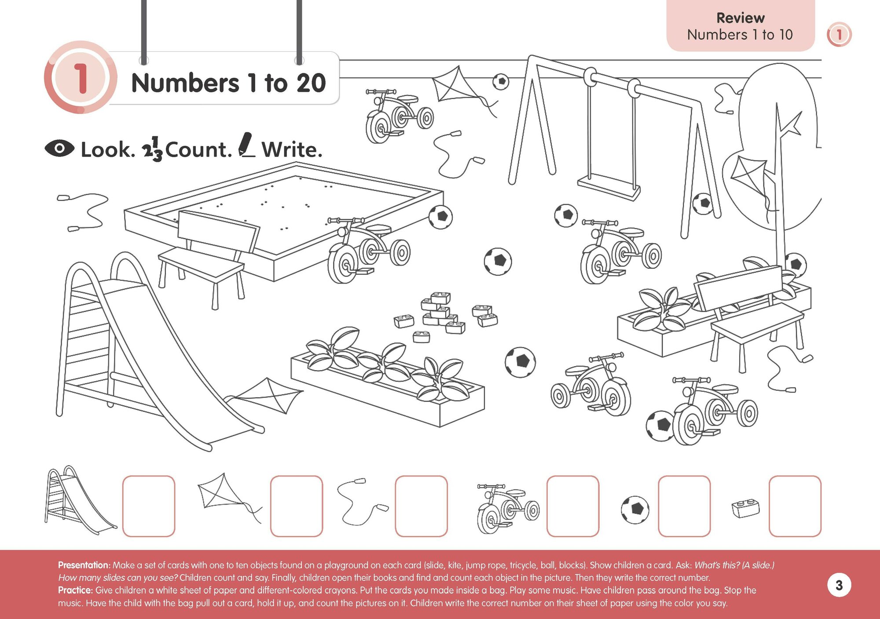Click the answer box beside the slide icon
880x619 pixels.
pos(149,506)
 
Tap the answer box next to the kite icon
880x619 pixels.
pos(297,506)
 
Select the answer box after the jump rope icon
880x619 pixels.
pos(421,506)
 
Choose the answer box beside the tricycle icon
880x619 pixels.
pos(572,506)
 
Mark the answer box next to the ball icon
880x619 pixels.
pos(684,506)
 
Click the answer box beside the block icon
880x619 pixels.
pos(795,506)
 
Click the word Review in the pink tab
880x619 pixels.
pos(741,18)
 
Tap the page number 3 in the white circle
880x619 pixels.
pos(839,585)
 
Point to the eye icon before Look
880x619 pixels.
pos(59,149)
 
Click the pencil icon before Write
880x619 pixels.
pos(246,145)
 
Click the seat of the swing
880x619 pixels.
pos(609,186)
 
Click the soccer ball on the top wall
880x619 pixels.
pos(501,81)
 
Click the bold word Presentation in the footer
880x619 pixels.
pos(84,565)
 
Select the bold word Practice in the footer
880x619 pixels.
pos(75,590)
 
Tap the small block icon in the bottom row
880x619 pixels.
pos(745,508)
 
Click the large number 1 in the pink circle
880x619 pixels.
pos(81,78)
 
